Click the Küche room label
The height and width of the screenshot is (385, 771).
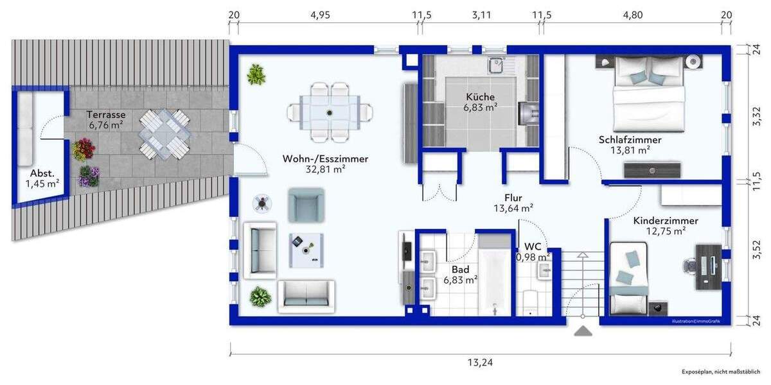[481, 97]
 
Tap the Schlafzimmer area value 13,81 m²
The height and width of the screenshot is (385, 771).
[630, 150]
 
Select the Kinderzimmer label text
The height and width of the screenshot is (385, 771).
[665, 220]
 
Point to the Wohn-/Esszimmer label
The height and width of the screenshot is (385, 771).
[326, 159]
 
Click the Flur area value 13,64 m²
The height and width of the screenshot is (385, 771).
[513, 208]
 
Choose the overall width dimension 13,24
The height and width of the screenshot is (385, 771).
[481, 363]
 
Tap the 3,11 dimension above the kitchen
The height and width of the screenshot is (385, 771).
[481, 15]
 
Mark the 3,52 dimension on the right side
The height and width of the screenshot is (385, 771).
[756, 246]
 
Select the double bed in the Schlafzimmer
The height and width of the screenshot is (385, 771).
[647, 96]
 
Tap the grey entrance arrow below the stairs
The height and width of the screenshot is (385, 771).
[583, 331]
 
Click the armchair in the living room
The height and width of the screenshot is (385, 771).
[304, 205]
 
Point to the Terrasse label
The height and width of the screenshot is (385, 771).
[106, 114]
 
